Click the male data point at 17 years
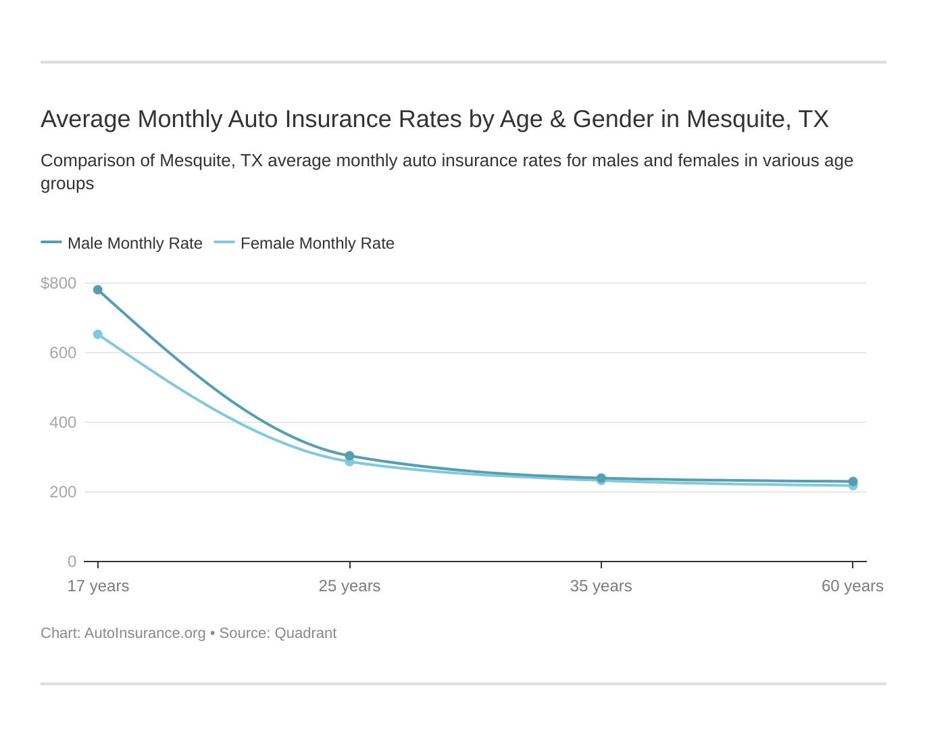point(98,290)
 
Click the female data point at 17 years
point(98,334)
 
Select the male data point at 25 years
point(349,456)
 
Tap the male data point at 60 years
point(853,481)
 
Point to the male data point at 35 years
point(601,478)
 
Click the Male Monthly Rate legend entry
point(134,243)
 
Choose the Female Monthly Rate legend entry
point(317,243)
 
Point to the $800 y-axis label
point(59,283)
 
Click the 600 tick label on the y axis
point(63,353)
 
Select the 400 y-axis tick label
point(63,422)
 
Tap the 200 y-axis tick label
point(63,492)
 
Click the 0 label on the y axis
point(72,562)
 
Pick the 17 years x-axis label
point(98,586)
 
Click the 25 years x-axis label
point(349,586)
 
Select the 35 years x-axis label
point(601,586)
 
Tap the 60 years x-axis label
point(852,586)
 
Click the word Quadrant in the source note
point(305,633)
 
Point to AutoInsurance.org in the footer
point(145,633)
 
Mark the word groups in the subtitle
point(67,184)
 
